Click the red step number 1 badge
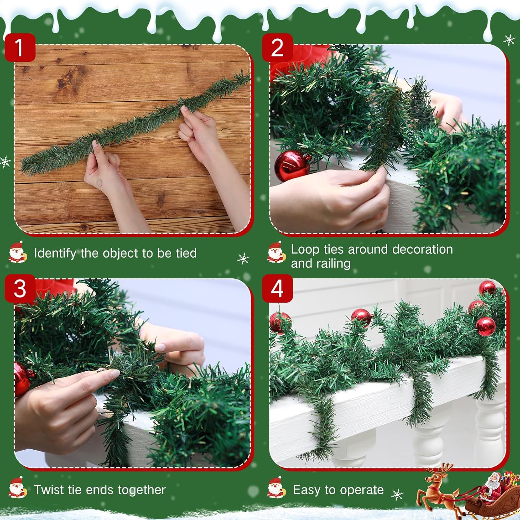pyautogui.click(x=20, y=47)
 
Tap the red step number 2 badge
pyautogui.click(x=277, y=47)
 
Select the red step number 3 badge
pyautogui.click(x=20, y=288)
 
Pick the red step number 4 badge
pyautogui.click(x=277, y=288)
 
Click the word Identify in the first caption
pyautogui.click(x=55, y=253)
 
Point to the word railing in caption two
pyautogui.click(x=331, y=263)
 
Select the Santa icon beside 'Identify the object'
pyautogui.click(x=17, y=252)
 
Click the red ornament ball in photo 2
pyautogui.click(x=292, y=166)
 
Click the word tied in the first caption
pyautogui.click(x=186, y=253)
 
